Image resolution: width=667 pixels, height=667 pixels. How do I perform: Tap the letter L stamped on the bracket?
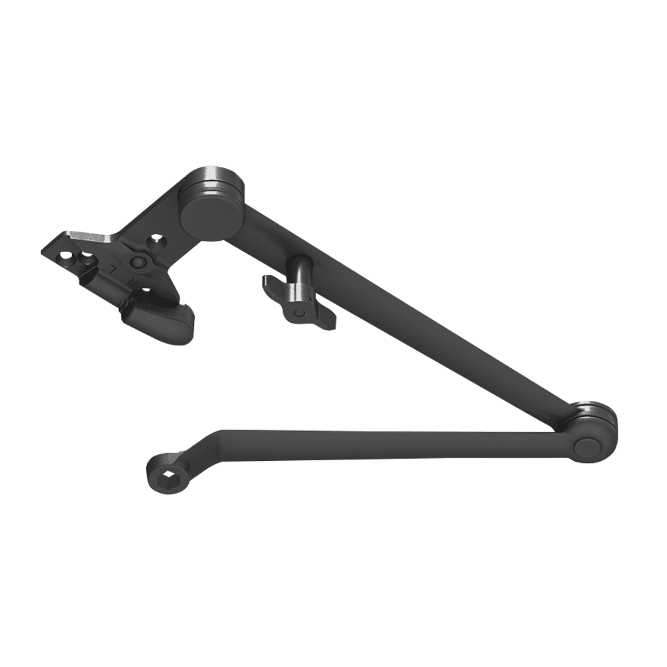point(113,269)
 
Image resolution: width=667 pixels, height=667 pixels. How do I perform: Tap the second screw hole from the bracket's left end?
point(85,257)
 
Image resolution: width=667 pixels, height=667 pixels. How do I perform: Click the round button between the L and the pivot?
point(138,261)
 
